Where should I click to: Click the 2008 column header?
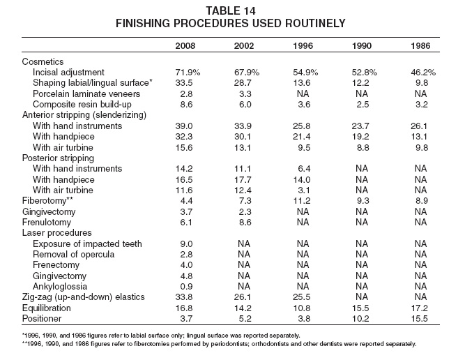tap(185, 46)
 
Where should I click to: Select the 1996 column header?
tap(303, 46)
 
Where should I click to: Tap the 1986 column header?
tap(420, 46)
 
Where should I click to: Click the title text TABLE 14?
tap(231, 11)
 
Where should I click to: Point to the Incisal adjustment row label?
tap(68, 73)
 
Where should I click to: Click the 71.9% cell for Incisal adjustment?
tap(188, 73)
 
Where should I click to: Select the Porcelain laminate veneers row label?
tap(86, 93)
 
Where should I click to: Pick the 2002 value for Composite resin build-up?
tap(245, 105)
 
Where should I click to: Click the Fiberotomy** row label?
tap(47, 201)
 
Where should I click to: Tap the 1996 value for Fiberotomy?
tap(302, 201)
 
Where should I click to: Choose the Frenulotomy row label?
tap(47, 223)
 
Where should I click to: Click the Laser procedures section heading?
tap(57, 233)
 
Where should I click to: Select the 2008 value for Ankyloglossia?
tap(186, 287)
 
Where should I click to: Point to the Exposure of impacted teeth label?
tap(87, 243)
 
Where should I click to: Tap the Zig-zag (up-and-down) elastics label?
tap(84, 297)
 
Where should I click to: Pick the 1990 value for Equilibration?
tap(360, 308)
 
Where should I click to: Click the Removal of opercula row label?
tap(73, 255)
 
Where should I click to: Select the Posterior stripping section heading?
tap(58, 158)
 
